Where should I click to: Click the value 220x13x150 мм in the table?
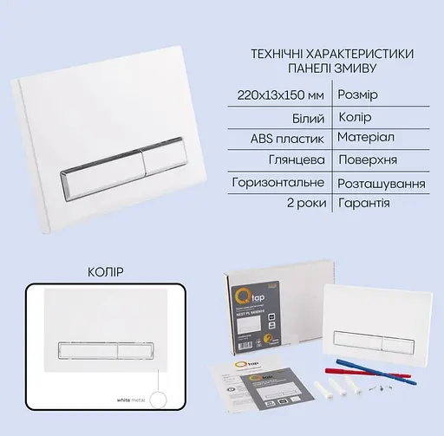click(279, 94)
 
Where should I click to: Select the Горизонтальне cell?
click(278, 184)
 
